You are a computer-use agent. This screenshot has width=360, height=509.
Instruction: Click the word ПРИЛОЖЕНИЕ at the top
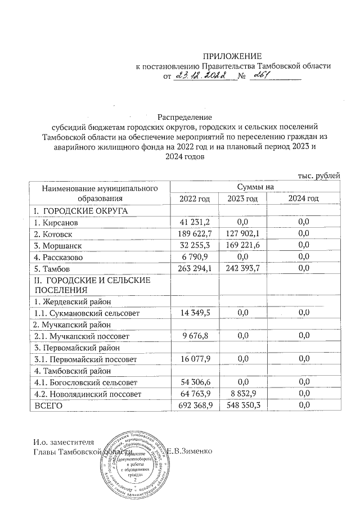[x=232, y=56]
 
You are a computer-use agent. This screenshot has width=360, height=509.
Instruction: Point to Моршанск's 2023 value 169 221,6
[x=242, y=246]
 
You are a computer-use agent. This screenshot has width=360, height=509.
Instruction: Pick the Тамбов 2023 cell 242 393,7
[x=242, y=269]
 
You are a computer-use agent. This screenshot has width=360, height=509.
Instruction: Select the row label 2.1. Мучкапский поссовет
[x=82, y=336]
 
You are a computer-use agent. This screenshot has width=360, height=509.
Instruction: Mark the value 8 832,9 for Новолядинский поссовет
[x=242, y=394]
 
